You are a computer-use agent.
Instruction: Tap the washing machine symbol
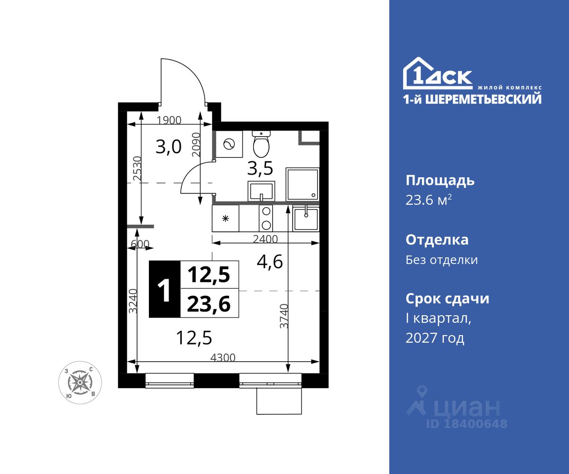click(x=229, y=144)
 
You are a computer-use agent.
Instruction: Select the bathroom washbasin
click(x=261, y=191)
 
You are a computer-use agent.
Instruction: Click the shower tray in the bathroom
click(x=303, y=184)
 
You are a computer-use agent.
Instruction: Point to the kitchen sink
click(x=306, y=219)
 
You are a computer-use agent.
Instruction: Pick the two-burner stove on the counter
click(x=266, y=219)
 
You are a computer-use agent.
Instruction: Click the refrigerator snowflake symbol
click(x=225, y=219)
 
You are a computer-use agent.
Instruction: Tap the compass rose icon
click(x=80, y=383)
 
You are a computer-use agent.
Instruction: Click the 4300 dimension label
click(x=223, y=357)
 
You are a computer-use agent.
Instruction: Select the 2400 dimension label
click(x=265, y=239)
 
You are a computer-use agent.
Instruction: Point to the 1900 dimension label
click(x=169, y=120)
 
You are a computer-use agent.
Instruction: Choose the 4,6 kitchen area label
click(x=270, y=262)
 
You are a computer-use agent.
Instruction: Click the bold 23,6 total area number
click(x=209, y=304)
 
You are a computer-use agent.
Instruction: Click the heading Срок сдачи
click(x=447, y=299)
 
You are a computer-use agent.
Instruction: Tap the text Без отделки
click(x=442, y=260)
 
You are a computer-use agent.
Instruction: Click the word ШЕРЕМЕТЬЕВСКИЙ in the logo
click(x=483, y=99)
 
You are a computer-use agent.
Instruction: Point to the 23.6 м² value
click(x=429, y=200)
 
